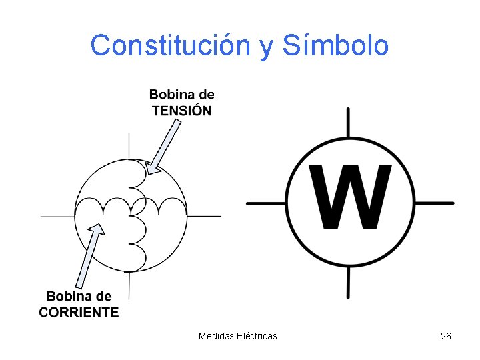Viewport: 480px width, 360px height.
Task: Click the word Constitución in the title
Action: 169,45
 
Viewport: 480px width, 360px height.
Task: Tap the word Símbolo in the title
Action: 335,45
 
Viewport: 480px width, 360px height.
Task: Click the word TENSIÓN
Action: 181,111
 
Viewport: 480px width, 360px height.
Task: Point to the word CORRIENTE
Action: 79,312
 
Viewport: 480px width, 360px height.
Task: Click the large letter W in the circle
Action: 350,197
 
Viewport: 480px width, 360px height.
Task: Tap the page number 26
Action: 446,336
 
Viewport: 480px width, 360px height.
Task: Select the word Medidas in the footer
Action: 215,336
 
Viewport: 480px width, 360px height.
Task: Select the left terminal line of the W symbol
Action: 266,202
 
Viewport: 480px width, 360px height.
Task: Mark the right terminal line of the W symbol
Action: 433,202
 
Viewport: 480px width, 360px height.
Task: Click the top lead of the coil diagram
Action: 129,147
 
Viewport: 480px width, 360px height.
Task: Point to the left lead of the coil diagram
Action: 57,216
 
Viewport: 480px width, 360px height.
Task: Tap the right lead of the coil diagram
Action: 204,216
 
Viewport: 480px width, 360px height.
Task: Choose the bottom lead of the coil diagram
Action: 129,285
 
